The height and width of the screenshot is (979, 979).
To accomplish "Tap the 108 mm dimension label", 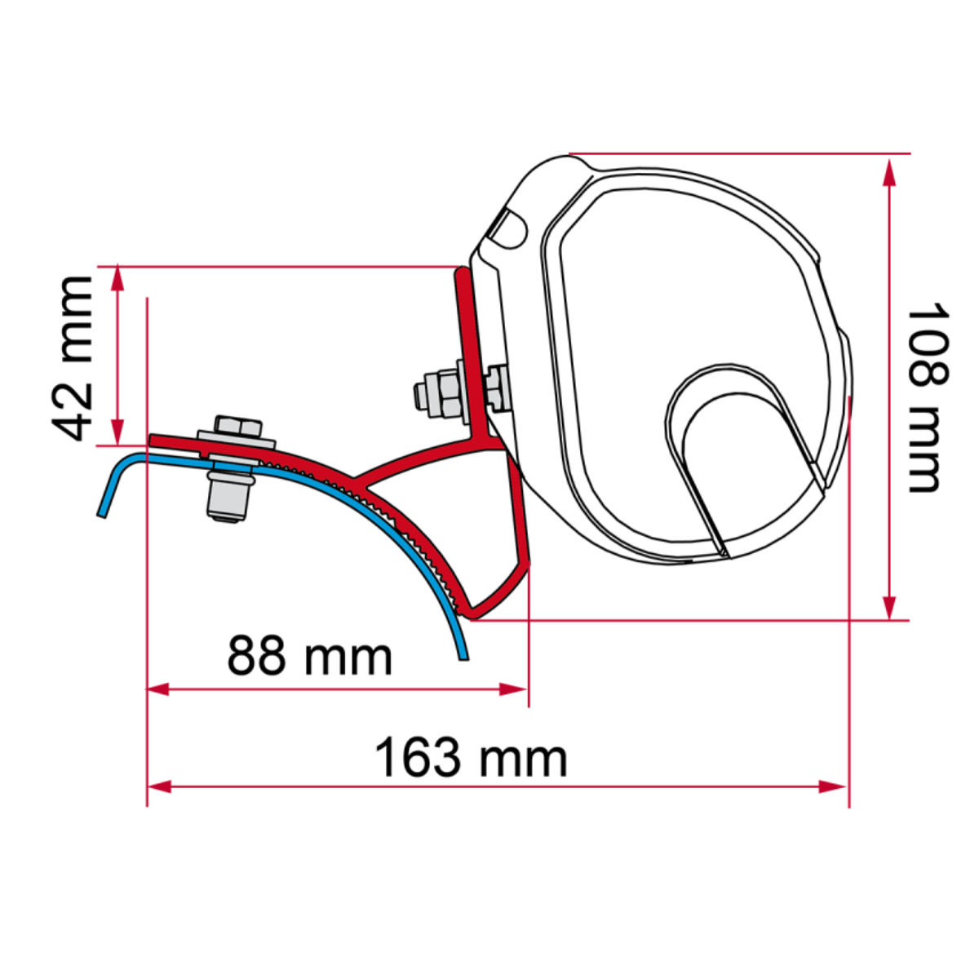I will pos(928,397).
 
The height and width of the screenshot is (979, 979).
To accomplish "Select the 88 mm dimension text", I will pos(309,656).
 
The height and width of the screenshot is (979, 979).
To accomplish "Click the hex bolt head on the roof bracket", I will pos(237,427).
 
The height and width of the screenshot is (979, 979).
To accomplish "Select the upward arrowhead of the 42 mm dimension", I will pos(118,277).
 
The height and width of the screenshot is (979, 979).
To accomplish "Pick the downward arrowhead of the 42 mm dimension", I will pos(118,433).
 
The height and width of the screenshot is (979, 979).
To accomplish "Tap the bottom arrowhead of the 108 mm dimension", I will pos(890,607).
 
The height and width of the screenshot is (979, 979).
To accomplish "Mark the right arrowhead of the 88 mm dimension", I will pos(516,689).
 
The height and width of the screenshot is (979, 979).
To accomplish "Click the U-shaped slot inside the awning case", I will pos(738,457).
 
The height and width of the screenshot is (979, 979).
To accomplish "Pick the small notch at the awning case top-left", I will pos(507,228).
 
